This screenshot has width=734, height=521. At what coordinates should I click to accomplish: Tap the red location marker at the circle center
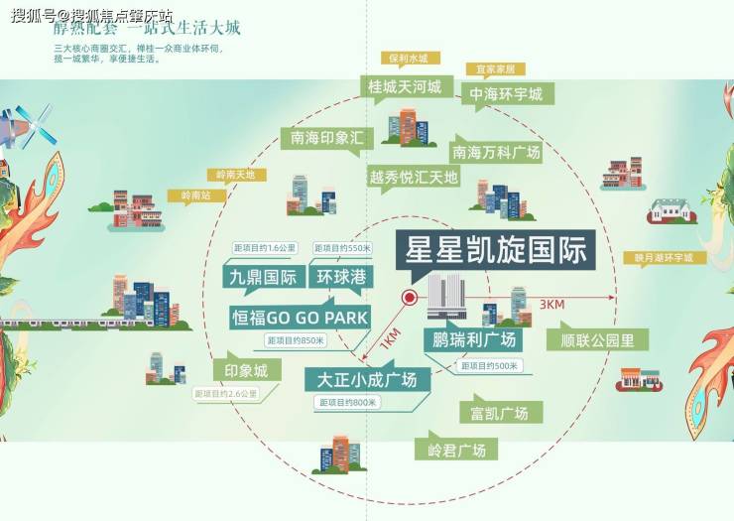[409, 298]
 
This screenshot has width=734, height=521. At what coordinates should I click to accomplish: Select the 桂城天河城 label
[404, 87]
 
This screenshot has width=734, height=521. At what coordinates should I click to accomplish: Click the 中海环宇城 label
[507, 94]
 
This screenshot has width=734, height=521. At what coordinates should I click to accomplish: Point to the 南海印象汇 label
[327, 137]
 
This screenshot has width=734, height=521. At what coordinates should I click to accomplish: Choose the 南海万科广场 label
[496, 152]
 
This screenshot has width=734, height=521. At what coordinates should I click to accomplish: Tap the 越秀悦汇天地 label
[414, 178]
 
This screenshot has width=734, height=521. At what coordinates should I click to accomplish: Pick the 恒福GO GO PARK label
[299, 318]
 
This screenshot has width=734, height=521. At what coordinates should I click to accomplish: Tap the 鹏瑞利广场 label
[475, 339]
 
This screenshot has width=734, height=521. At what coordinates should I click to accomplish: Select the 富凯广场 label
[500, 412]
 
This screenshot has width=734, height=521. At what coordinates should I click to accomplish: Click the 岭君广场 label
[456, 450]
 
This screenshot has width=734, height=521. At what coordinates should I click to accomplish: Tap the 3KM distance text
[551, 305]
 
